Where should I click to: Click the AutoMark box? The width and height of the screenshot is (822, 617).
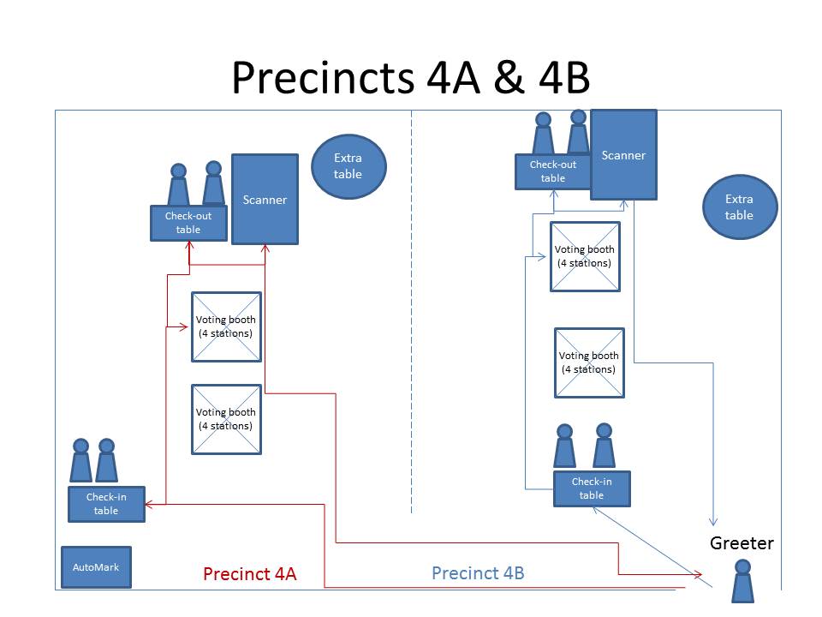point(96,567)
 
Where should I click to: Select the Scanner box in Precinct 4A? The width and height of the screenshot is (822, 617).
point(265,199)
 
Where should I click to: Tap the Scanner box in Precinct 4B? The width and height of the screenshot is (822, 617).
point(623,154)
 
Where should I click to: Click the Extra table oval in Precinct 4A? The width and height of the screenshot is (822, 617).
point(348,166)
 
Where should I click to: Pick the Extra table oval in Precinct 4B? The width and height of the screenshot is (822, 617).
point(739,207)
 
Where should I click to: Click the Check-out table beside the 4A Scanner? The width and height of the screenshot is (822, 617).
point(188,223)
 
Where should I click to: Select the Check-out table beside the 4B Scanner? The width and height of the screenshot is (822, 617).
point(552,171)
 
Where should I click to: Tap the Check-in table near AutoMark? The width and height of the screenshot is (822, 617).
point(106,504)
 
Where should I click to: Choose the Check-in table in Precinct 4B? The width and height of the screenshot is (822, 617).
point(591,488)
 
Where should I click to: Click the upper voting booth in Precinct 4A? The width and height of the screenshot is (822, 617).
point(225,326)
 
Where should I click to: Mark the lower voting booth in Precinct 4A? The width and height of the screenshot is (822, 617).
point(225,419)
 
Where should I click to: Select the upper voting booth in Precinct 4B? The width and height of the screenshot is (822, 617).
point(585,256)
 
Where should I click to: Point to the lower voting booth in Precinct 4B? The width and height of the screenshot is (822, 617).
point(589,362)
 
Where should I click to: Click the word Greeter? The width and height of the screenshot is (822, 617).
point(742,543)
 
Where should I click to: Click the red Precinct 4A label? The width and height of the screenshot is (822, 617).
point(249,574)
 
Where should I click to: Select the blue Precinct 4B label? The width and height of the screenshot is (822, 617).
point(478,573)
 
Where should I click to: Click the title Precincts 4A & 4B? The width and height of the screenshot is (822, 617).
point(410,78)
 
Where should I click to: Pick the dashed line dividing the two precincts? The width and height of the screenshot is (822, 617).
point(412,308)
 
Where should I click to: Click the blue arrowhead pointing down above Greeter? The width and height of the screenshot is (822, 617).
point(712,522)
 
